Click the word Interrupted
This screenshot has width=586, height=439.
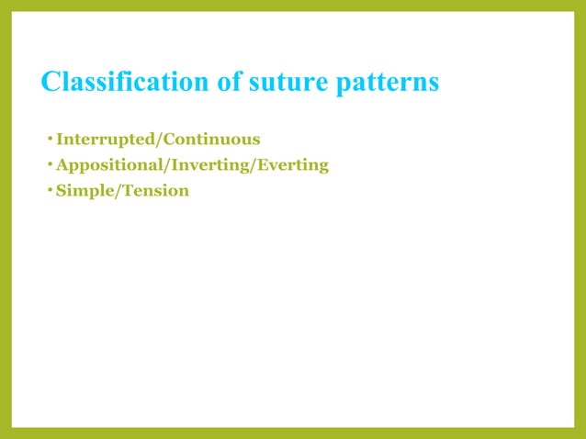(x=104, y=140)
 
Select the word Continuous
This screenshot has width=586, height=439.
(x=211, y=140)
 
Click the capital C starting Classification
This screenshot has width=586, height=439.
(x=51, y=83)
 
